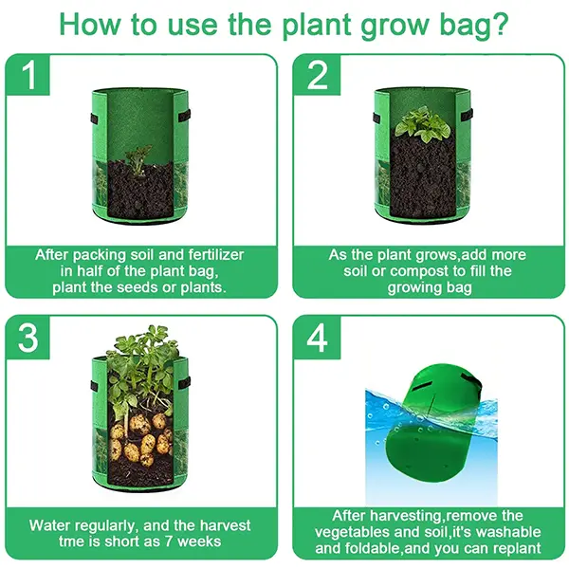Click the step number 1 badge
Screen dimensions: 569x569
[28, 74]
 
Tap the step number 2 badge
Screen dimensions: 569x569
[317, 74]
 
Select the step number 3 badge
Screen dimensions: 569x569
[28, 338]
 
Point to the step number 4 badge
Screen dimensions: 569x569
[317, 338]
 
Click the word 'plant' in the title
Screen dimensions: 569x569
[317, 26]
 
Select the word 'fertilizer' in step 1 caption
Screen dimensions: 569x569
[216, 255]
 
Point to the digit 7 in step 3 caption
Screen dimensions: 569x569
[169, 541]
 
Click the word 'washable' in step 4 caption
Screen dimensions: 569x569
[508, 532]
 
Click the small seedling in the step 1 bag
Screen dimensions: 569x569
[138, 159]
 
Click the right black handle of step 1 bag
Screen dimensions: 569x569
[184, 116]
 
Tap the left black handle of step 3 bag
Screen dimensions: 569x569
[94, 386]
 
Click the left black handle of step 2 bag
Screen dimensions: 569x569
[376, 118]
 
